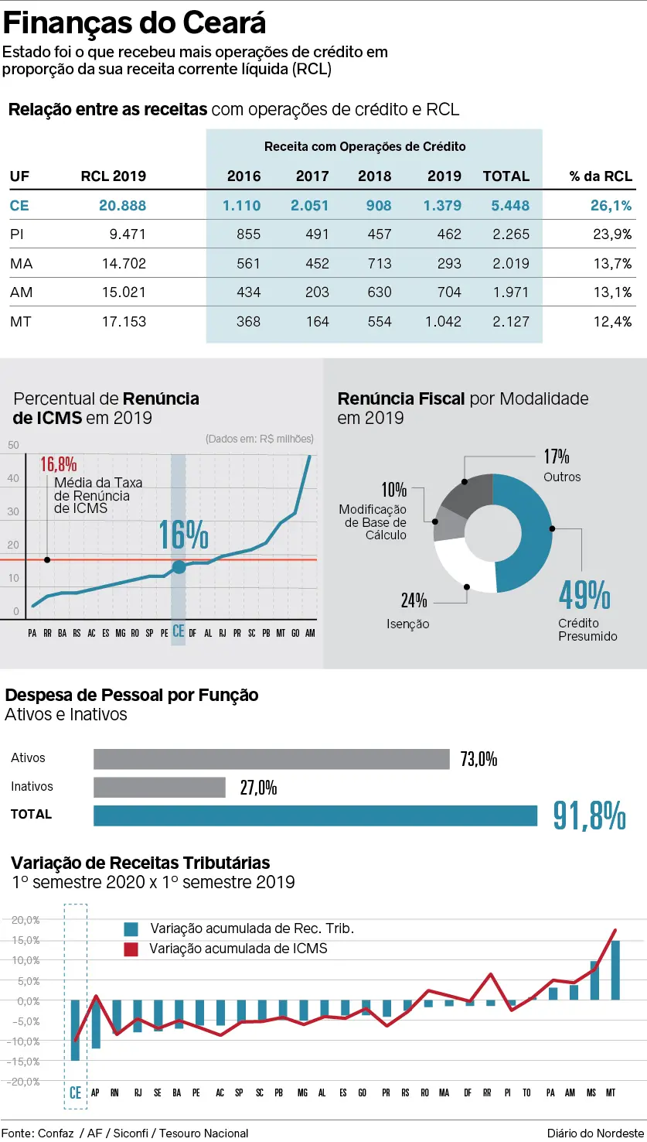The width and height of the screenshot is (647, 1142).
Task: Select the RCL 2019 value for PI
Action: (x=124, y=234)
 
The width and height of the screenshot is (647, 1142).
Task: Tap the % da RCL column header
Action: (x=601, y=176)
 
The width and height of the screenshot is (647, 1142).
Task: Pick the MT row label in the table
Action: (x=21, y=322)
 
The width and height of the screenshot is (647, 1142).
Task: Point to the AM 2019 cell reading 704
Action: (x=448, y=292)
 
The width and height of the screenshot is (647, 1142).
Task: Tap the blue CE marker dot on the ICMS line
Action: (x=179, y=567)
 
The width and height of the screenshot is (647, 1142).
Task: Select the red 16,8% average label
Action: (x=59, y=464)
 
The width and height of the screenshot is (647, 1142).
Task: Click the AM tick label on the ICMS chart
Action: (x=310, y=633)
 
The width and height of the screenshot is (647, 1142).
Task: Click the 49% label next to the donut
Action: (x=584, y=594)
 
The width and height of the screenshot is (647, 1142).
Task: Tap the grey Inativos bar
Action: (x=159, y=788)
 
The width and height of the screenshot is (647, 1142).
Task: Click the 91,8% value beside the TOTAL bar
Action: (x=589, y=815)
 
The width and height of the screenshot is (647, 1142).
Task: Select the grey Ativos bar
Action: (x=271, y=759)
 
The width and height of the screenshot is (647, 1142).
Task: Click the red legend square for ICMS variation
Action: (x=131, y=949)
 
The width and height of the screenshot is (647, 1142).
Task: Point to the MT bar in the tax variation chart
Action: (x=615, y=970)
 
